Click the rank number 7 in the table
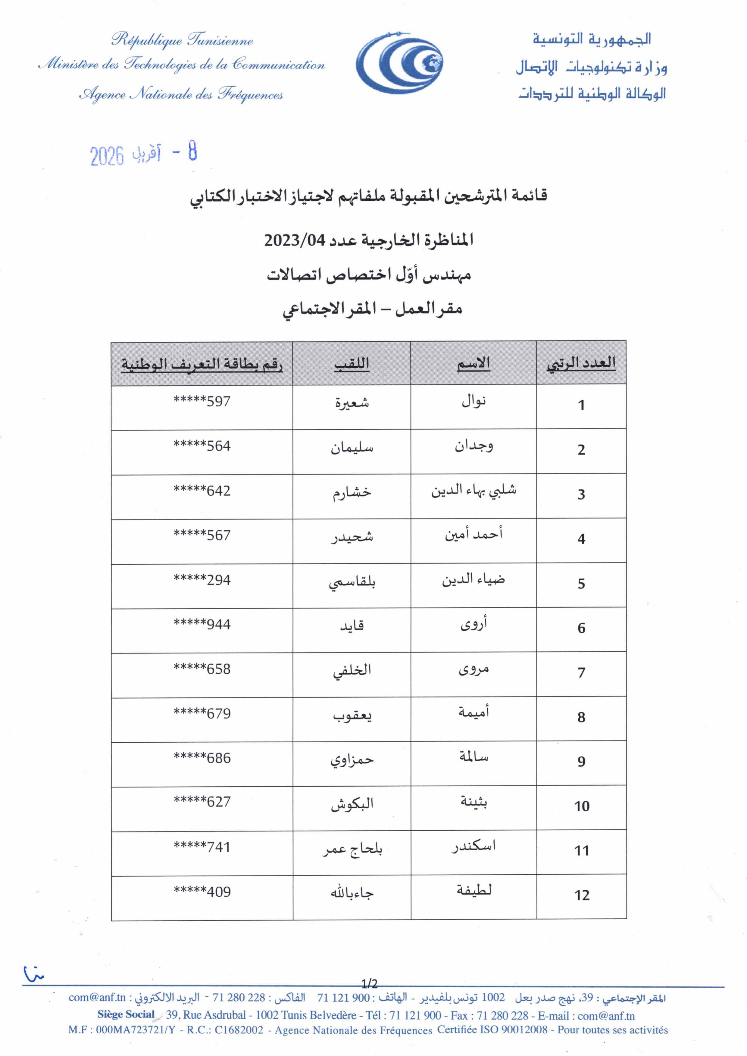click(x=581, y=673)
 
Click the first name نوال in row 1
click(x=474, y=402)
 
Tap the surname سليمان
click(x=352, y=447)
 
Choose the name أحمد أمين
click(x=474, y=535)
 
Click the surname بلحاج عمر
click(x=352, y=849)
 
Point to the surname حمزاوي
click(x=352, y=760)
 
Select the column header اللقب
click(x=352, y=364)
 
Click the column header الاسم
click(x=474, y=364)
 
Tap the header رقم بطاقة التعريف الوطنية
click(x=202, y=365)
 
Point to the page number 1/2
click(x=369, y=983)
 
